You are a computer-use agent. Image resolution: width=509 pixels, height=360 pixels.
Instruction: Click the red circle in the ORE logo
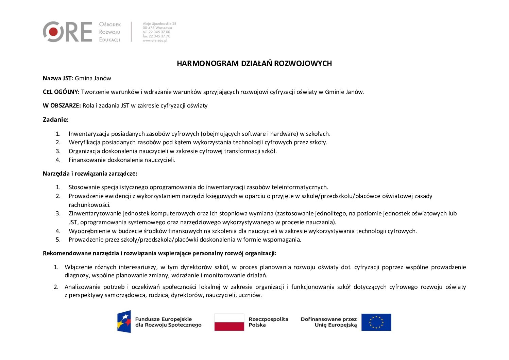(x=53, y=32)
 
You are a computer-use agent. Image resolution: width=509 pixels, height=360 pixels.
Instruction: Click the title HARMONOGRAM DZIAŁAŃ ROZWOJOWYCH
(x=254, y=64)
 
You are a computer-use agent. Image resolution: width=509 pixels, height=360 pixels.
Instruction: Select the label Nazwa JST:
(x=58, y=78)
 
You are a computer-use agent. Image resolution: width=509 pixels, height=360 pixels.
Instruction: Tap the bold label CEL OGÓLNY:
(x=61, y=92)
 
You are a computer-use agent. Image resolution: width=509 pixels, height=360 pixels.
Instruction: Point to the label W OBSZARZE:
(x=62, y=105)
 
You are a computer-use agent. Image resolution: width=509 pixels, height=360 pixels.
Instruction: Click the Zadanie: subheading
(x=55, y=120)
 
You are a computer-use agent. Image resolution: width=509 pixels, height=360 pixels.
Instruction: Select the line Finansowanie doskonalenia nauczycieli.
(x=122, y=160)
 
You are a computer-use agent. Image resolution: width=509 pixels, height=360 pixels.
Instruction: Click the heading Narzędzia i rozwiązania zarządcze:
(x=90, y=174)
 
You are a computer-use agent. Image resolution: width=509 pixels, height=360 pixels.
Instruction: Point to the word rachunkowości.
(x=89, y=205)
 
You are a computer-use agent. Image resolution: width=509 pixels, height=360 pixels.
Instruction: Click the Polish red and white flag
(x=229, y=322)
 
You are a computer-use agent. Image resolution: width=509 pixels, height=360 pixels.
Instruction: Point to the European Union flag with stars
(x=376, y=322)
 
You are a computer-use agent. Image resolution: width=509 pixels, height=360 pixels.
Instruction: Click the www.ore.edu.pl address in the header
(x=155, y=40)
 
